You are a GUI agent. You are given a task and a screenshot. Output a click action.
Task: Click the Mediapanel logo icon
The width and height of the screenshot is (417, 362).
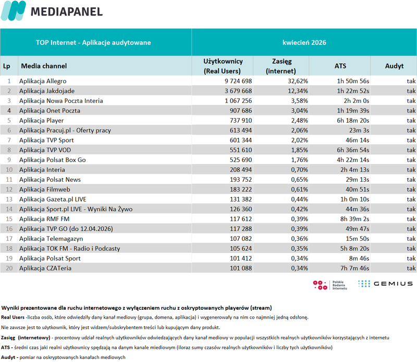14,10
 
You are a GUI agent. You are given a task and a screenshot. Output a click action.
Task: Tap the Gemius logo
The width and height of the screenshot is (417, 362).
385,284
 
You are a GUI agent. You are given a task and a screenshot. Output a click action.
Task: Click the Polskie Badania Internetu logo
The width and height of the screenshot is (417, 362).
330,285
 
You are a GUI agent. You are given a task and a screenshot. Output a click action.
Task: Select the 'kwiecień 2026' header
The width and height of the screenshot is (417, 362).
304,43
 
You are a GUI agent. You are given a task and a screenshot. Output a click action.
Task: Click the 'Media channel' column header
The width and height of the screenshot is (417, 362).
44,66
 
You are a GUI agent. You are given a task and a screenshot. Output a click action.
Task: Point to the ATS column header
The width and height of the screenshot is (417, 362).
340,66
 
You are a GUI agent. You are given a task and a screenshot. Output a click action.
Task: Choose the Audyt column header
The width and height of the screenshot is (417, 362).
394,66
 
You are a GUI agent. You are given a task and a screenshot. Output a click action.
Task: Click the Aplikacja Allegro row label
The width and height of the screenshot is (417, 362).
43,81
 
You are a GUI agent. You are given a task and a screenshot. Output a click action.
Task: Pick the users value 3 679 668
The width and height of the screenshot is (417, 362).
238,91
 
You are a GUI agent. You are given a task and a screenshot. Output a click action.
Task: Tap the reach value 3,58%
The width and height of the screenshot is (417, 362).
299,101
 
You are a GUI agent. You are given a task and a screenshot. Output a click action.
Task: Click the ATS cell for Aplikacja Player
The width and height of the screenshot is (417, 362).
353,121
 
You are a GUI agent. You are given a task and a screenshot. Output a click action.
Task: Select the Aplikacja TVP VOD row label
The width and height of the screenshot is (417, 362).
45,150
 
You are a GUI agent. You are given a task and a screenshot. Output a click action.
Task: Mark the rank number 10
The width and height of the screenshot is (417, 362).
9,170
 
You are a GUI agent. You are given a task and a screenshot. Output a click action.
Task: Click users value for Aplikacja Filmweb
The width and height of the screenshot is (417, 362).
241,190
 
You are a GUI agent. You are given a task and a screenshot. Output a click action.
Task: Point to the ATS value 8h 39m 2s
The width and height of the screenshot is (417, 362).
354,219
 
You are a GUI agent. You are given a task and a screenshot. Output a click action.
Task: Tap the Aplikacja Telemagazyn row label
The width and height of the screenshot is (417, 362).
51,239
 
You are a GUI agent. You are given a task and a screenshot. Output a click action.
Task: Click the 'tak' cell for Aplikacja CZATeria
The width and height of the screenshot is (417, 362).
411,268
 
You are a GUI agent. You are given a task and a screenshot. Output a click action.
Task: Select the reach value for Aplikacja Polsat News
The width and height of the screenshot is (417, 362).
299,180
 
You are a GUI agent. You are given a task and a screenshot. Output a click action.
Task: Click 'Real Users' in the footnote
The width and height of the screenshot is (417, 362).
13,317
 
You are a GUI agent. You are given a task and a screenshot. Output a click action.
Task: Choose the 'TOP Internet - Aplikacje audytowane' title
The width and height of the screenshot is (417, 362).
93,43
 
